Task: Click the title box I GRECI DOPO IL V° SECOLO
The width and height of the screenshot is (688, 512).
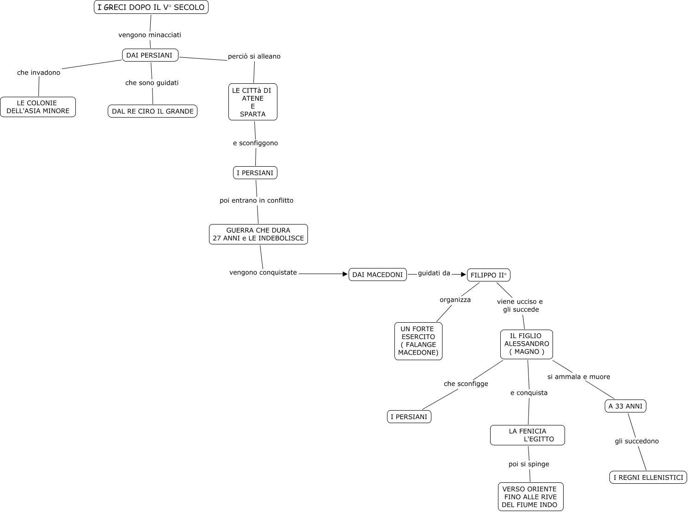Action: point(151,7)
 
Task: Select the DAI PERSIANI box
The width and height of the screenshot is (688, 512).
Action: point(150,56)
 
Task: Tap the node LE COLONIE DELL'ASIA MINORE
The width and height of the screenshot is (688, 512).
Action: point(38,107)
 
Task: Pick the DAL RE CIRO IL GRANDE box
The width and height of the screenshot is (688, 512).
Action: point(153,111)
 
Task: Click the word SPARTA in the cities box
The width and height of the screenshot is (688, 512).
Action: point(253,114)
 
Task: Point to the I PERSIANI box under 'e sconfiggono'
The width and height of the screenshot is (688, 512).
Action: point(255,173)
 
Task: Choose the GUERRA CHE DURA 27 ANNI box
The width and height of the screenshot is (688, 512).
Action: point(258,234)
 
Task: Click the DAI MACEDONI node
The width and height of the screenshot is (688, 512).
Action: point(377,275)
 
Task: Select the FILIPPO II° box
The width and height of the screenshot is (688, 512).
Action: point(488,275)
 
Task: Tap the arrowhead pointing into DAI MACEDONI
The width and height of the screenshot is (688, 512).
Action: point(345,274)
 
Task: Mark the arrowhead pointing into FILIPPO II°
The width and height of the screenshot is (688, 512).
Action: point(463,275)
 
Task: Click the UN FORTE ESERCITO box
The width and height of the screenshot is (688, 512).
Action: point(418,341)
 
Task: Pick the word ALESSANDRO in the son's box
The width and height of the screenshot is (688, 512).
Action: point(527,343)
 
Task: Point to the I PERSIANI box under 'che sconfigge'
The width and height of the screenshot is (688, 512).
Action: point(409,417)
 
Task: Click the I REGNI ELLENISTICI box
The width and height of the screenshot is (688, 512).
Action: point(648,477)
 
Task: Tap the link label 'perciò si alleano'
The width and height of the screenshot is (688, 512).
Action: point(254,56)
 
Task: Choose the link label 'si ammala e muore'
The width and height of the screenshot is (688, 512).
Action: point(578,377)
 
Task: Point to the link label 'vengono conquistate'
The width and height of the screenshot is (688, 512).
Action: point(263,273)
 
